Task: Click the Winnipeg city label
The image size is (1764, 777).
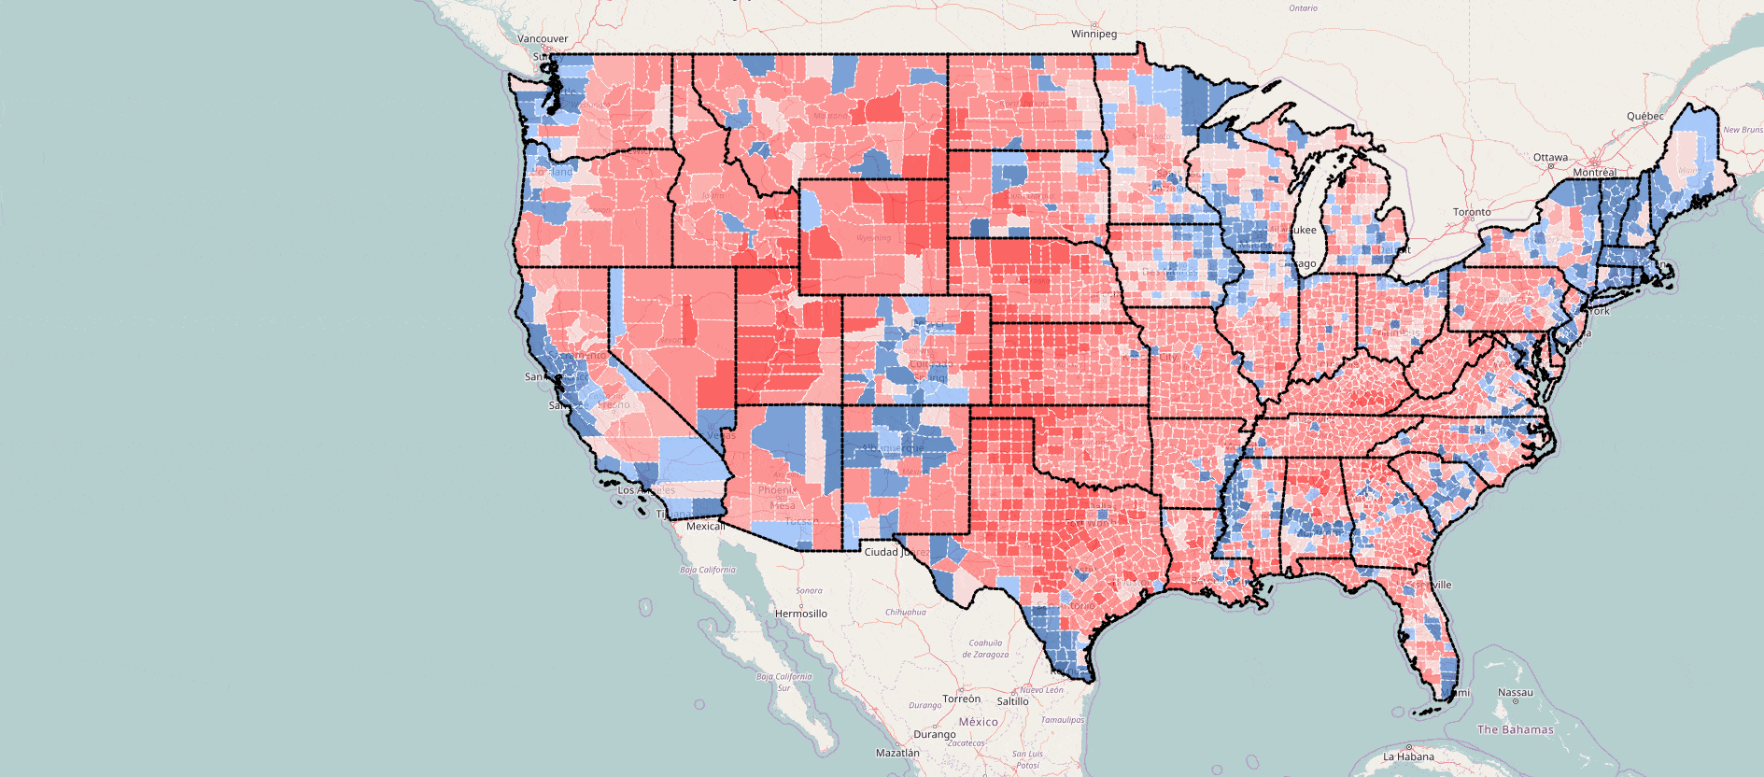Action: click(x=1094, y=34)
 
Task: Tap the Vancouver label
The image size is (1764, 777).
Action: click(x=543, y=39)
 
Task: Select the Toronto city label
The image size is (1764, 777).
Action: click(x=1472, y=212)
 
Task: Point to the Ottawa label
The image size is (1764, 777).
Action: click(x=1550, y=157)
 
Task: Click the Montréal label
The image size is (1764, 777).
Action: click(x=1594, y=173)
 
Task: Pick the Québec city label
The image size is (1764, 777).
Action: click(x=1644, y=116)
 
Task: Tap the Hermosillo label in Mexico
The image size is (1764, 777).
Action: click(x=801, y=614)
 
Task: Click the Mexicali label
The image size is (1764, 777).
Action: click(x=705, y=526)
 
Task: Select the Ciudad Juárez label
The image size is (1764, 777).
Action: click(x=895, y=552)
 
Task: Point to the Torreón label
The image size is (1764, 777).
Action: click(x=961, y=699)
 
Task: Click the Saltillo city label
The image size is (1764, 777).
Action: click(x=1012, y=701)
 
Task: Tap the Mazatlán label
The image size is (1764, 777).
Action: click(x=896, y=752)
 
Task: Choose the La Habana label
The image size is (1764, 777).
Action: click(x=1408, y=756)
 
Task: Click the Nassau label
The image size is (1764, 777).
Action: click(x=1515, y=693)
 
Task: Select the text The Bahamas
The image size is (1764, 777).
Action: click(x=1515, y=729)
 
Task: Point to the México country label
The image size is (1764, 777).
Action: click(x=978, y=722)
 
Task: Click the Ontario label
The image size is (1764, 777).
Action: click(x=1303, y=8)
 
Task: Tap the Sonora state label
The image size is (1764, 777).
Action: click(x=809, y=590)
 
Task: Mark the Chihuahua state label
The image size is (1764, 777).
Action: click(x=905, y=612)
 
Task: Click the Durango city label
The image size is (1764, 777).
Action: click(x=934, y=734)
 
